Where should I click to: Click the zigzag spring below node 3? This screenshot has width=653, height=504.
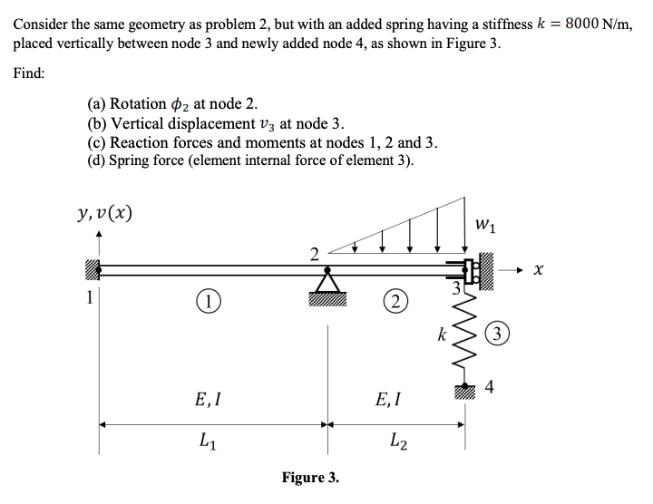click(x=465, y=341)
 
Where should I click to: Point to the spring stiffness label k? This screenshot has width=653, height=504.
click(x=442, y=335)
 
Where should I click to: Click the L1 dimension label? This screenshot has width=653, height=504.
click(x=207, y=442)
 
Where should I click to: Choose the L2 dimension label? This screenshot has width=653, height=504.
click(x=397, y=442)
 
